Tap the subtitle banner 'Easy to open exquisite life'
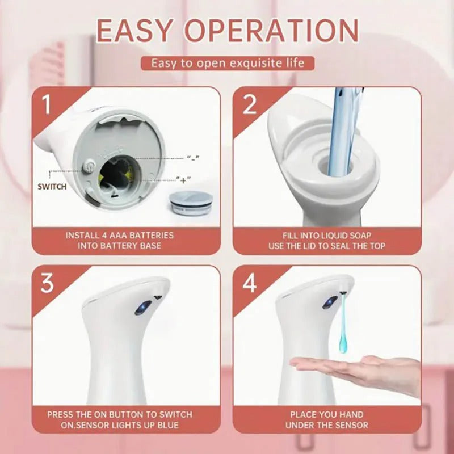(x=227, y=62)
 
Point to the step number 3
(x=47, y=283)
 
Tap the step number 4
(x=250, y=283)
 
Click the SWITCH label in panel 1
(x=52, y=186)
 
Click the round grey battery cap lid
(x=187, y=201)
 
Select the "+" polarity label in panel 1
(x=183, y=180)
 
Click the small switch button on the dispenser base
(x=88, y=167)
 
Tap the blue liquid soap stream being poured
(x=341, y=136)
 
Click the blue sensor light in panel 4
(x=328, y=303)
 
